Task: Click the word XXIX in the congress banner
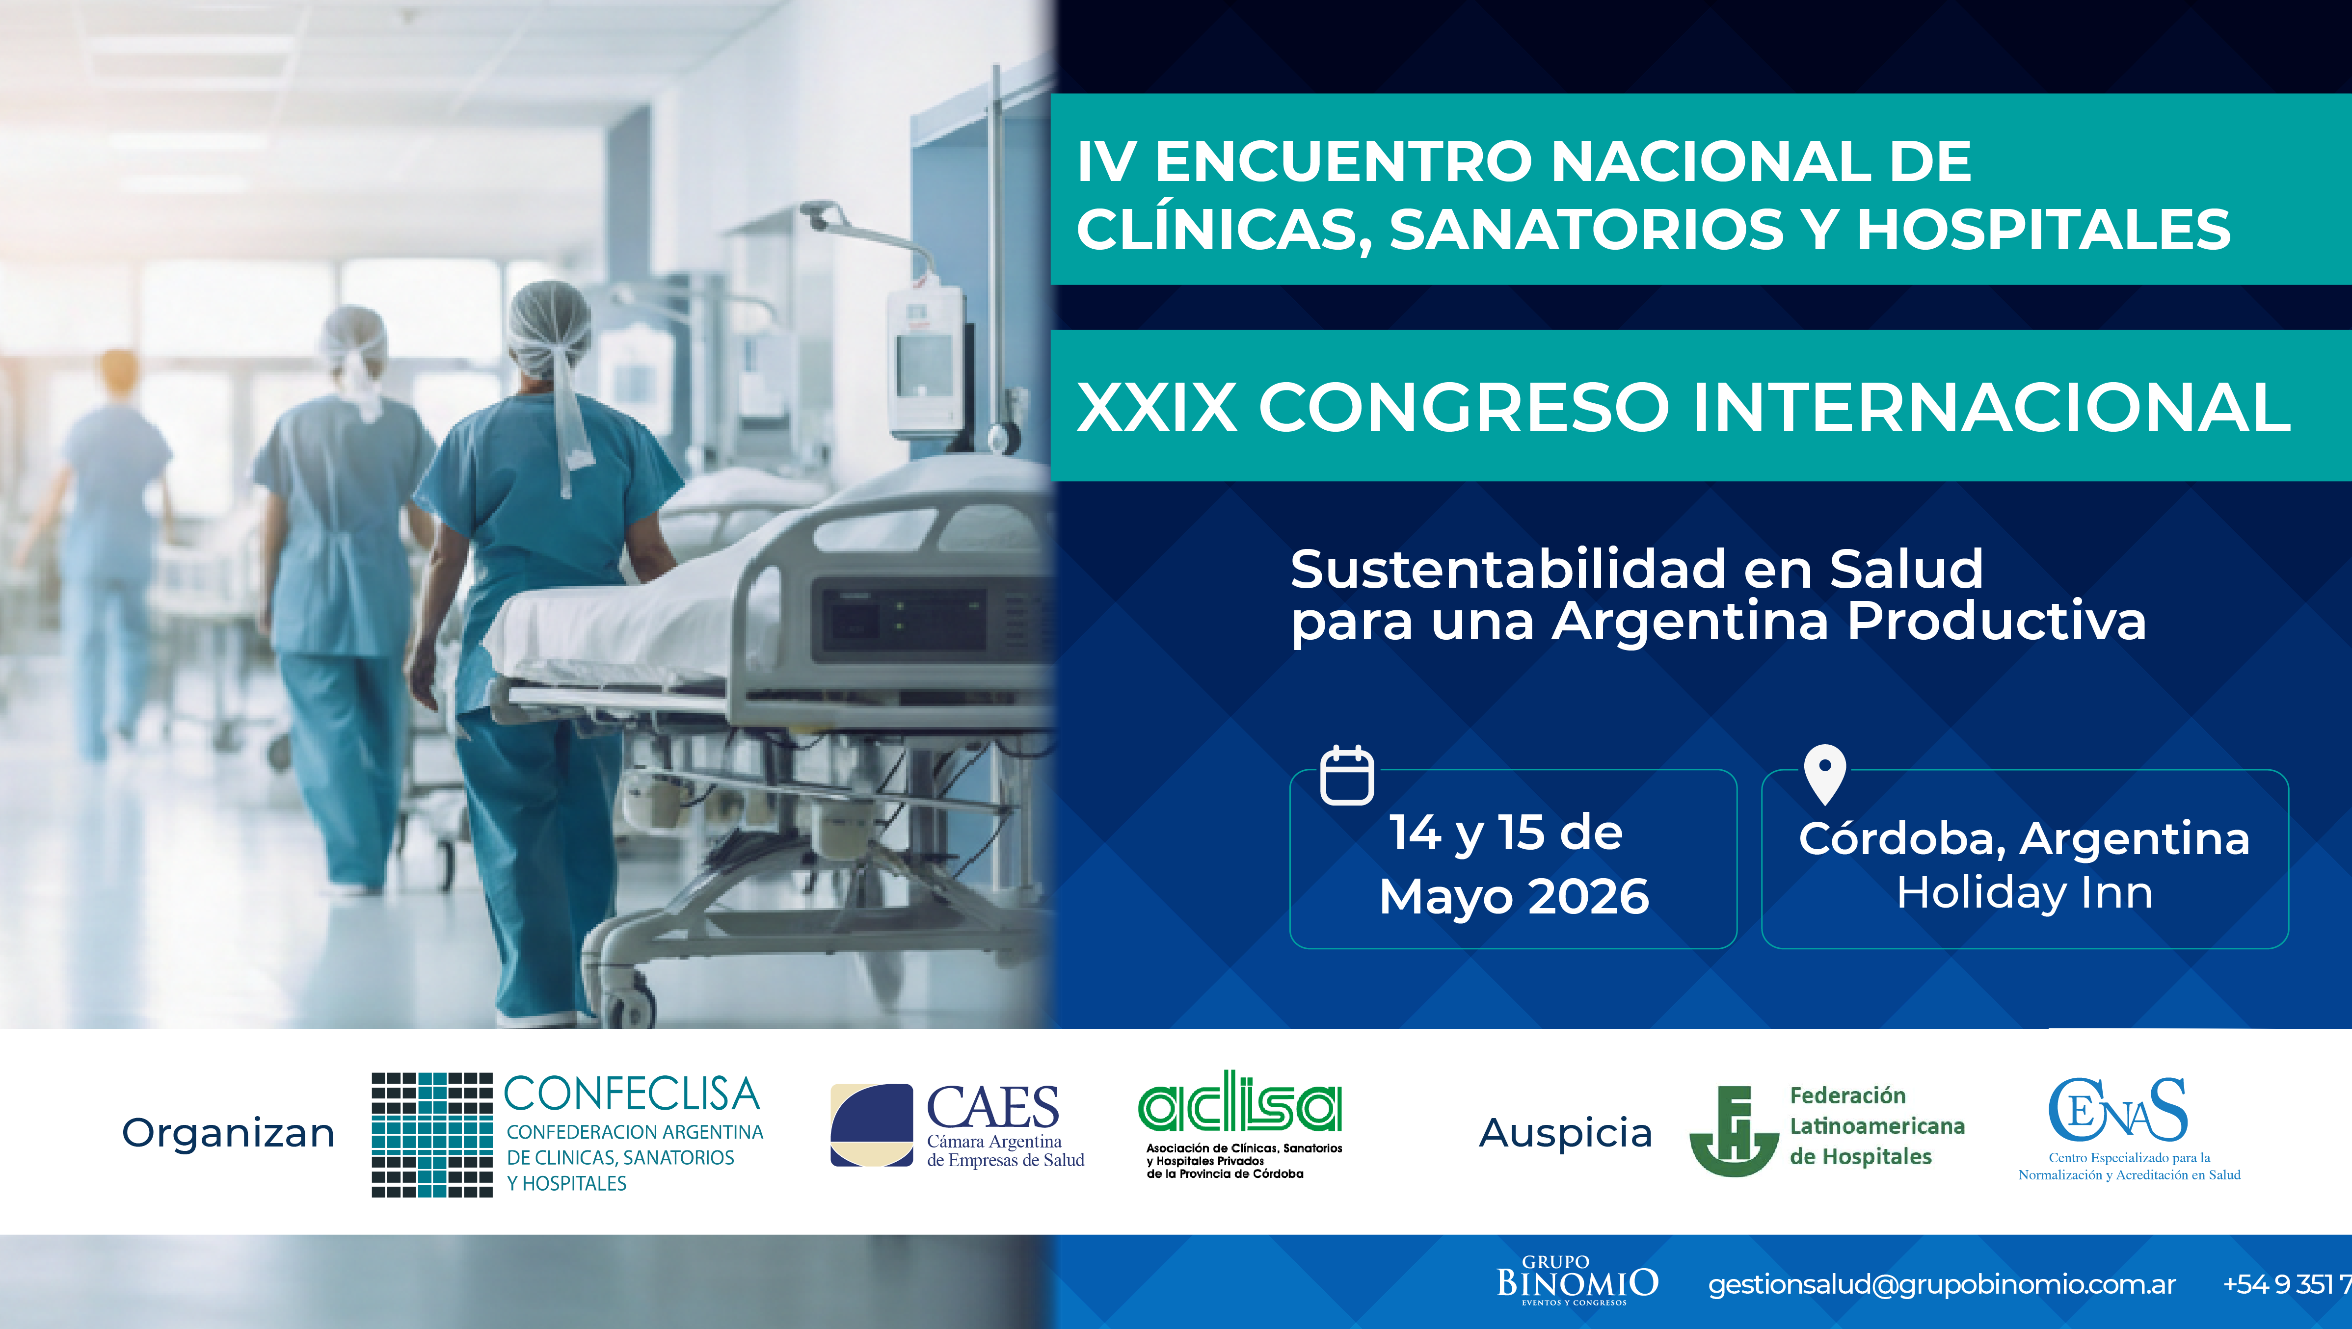(1157, 407)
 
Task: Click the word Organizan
(228, 1133)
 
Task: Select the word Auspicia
(1565, 1133)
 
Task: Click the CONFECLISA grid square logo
(432, 1135)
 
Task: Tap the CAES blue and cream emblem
(871, 1125)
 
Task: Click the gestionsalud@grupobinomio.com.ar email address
(1941, 1284)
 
